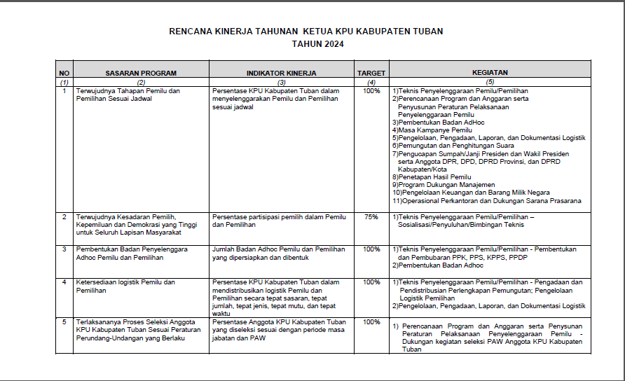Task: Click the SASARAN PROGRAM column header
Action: point(141,73)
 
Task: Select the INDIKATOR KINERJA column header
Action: point(281,73)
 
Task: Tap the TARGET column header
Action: point(371,73)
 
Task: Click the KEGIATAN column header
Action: point(490,73)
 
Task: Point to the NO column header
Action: point(64,73)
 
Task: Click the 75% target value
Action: point(371,217)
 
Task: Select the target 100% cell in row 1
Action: point(371,91)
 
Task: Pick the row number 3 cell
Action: point(64,249)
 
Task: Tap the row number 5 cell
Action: point(64,321)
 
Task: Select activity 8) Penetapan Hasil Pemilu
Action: point(432,177)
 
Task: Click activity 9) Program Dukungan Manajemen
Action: point(443,185)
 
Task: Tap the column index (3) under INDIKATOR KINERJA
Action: point(281,82)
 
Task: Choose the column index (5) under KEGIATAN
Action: point(490,82)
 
